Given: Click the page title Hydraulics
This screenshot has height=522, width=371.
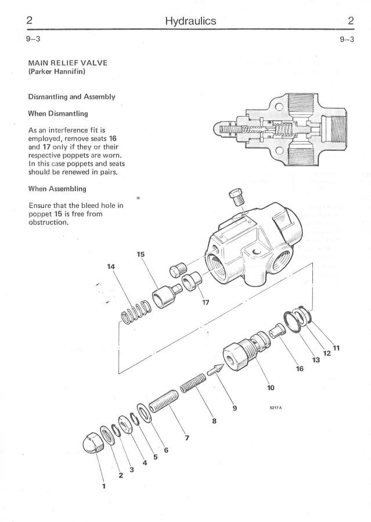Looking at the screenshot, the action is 190,21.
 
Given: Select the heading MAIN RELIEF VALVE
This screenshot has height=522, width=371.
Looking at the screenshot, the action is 68,63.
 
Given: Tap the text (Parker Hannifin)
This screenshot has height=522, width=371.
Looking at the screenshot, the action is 57,71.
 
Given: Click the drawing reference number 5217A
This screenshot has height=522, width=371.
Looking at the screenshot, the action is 276,408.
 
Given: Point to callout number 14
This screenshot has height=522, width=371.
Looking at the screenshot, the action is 111,267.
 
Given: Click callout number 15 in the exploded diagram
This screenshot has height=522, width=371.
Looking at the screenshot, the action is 141,254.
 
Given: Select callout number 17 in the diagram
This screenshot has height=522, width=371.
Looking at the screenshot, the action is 206,303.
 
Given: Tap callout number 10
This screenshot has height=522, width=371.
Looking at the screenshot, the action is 271,387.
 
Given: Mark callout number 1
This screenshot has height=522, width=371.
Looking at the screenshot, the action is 104,486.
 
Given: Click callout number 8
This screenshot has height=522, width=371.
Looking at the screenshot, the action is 214,421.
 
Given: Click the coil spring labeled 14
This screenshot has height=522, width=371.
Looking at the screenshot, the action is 136,312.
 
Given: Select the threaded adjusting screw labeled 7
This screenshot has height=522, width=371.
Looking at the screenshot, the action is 163,401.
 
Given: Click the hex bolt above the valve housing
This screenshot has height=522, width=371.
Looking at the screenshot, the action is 237,198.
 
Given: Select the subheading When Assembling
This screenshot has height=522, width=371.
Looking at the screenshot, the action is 57,189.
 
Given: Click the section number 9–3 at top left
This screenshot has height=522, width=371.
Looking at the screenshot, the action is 33,39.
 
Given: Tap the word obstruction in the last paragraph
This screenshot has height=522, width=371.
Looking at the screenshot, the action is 49,222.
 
